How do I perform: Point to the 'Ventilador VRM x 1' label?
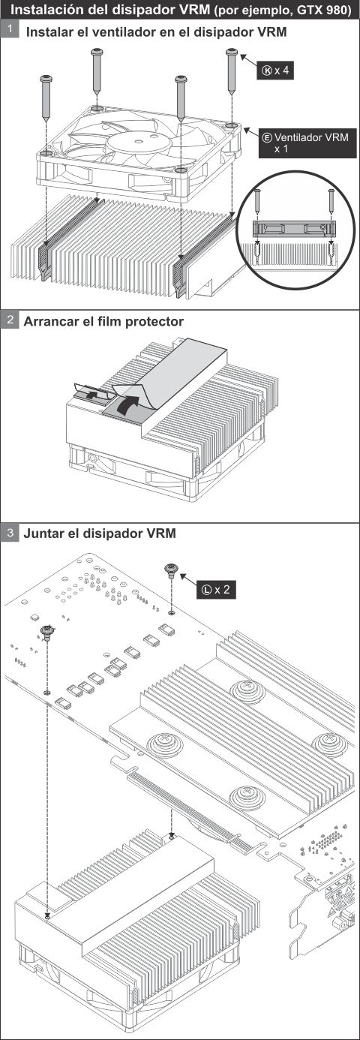pyautogui.click(x=307, y=143)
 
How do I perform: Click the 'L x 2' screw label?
pyautogui.click(x=217, y=589)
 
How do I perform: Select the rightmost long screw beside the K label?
pyautogui.click(x=231, y=71)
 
